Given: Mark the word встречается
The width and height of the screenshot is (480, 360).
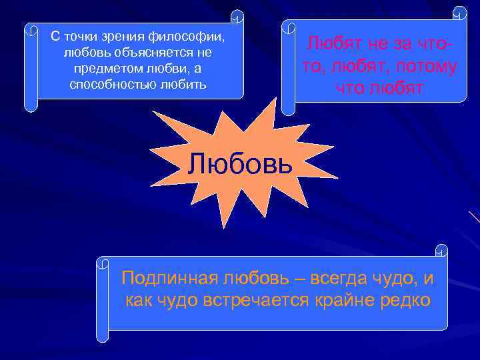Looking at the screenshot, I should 255,300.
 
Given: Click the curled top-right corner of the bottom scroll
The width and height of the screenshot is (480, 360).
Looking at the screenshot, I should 441,251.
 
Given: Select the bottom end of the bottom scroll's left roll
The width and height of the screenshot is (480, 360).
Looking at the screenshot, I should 102,337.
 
